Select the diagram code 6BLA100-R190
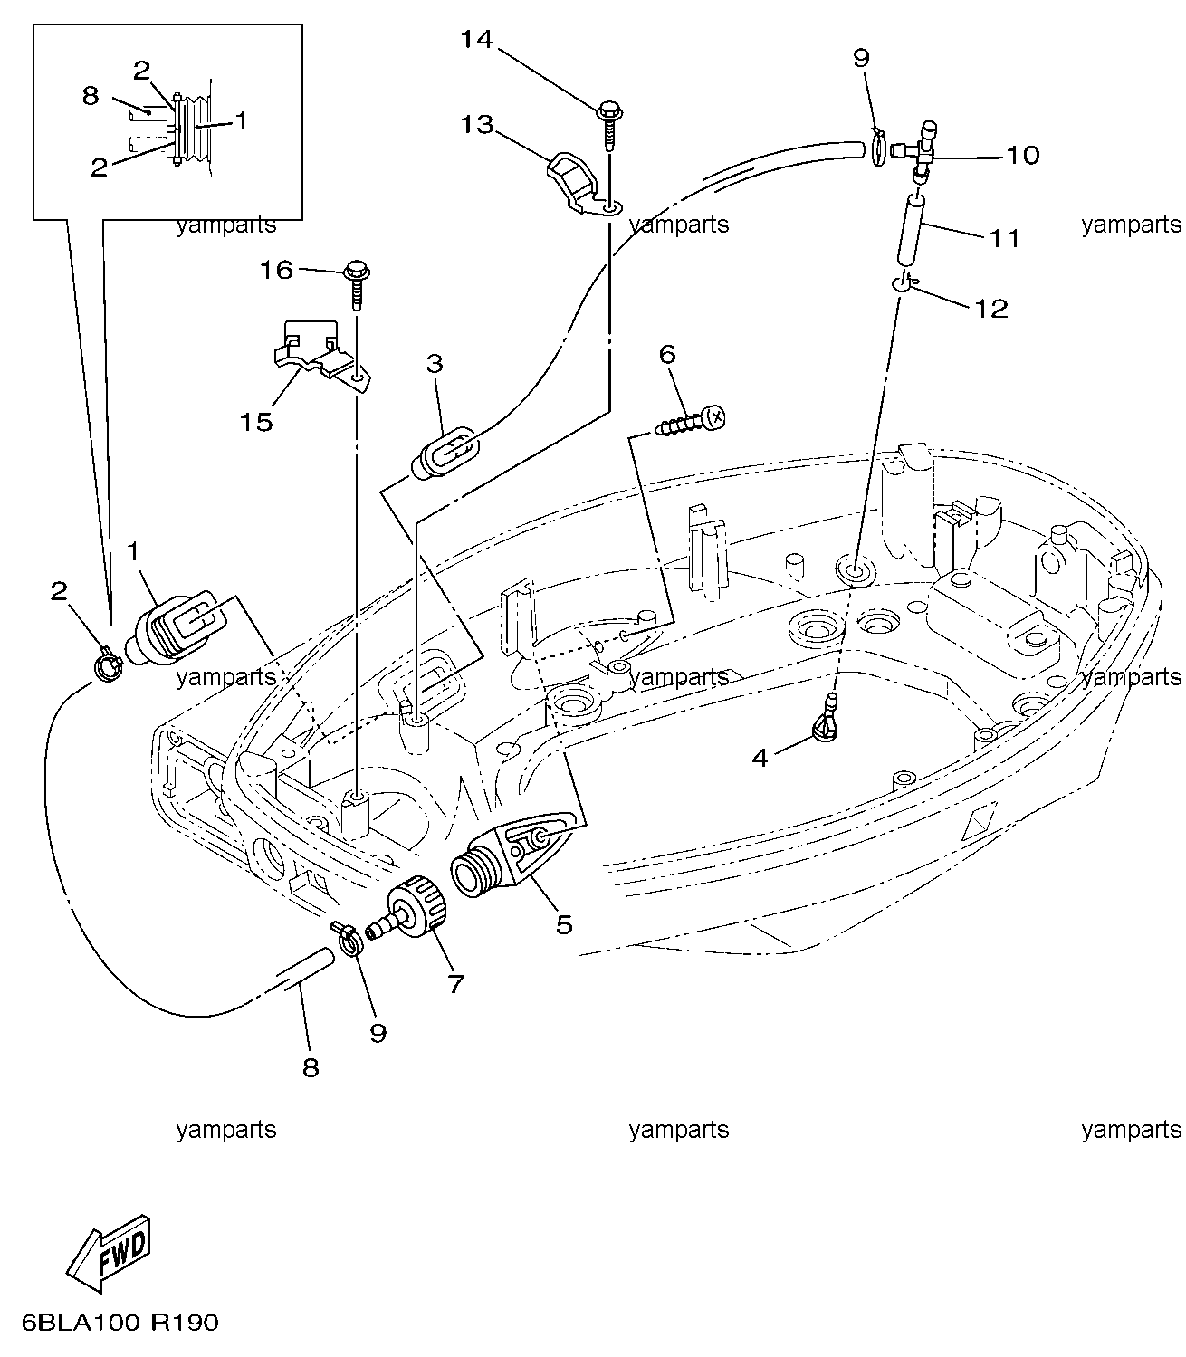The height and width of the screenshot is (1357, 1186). (x=120, y=1323)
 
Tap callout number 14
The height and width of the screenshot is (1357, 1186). (x=477, y=40)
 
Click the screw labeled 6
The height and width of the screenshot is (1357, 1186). (x=691, y=420)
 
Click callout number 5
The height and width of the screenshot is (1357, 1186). (x=564, y=924)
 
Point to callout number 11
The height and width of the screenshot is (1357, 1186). (x=1004, y=237)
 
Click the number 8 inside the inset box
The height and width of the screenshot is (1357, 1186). (x=91, y=96)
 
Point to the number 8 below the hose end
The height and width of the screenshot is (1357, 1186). (x=311, y=1068)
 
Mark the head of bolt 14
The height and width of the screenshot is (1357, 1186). (x=609, y=110)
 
